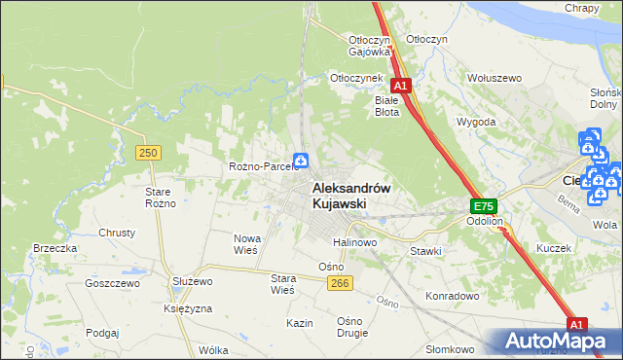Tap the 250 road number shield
[148, 153]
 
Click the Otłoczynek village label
[353, 77]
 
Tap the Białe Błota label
[387, 105]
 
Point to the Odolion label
[484, 221]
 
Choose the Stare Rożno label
[158, 198]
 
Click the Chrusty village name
[117, 234]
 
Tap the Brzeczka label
[55, 248]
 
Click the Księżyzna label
[162, 307]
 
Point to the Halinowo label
[354, 242]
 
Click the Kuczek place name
[553, 248]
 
